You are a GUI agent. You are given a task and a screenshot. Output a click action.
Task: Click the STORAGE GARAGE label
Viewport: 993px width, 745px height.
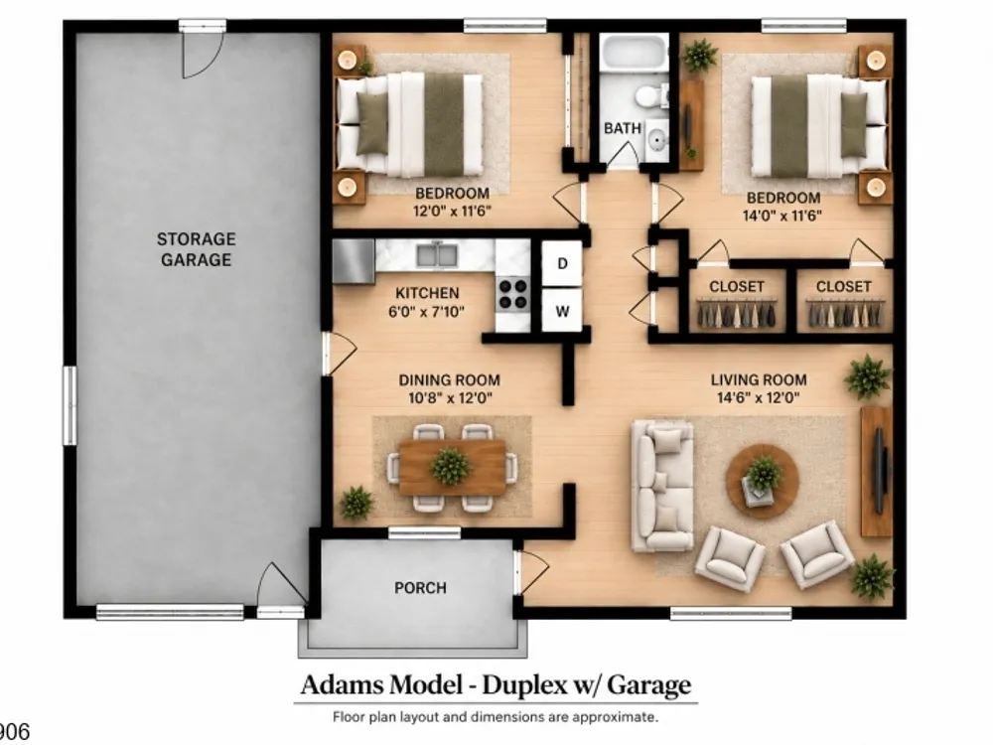pyautogui.click(x=196, y=249)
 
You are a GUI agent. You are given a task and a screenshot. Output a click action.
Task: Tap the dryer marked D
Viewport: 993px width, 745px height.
pyautogui.click(x=562, y=263)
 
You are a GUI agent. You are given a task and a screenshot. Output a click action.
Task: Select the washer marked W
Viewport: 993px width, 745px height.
pyautogui.click(x=562, y=310)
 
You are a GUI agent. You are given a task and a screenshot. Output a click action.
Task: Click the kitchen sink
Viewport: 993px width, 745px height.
pyautogui.click(x=437, y=254)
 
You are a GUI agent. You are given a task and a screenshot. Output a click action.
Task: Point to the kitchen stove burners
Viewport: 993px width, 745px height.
pyautogui.click(x=512, y=293)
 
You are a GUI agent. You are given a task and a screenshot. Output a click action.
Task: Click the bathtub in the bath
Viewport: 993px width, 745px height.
pyautogui.click(x=634, y=54)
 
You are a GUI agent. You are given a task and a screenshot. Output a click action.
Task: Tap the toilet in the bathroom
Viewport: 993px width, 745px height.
pyautogui.click(x=649, y=97)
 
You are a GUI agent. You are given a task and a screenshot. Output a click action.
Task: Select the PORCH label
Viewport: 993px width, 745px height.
pyautogui.click(x=420, y=588)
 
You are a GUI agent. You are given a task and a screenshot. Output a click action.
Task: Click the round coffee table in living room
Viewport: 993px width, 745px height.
pyautogui.click(x=763, y=481)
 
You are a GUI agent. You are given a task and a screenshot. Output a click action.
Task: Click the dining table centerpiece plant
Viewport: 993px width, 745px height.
pyautogui.click(x=450, y=466)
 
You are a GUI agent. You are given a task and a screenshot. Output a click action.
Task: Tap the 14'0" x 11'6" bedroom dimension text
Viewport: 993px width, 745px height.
pyautogui.click(x=782, y=216)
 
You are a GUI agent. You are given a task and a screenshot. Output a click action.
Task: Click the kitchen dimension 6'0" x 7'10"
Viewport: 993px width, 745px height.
pyautogui.click(x=426, y=311)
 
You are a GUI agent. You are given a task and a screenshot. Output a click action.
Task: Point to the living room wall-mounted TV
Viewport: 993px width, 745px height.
pyautogui.click(x=879, y=471)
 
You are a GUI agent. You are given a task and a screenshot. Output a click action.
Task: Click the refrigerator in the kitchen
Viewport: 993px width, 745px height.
pyautogui.click(x=354, y=261)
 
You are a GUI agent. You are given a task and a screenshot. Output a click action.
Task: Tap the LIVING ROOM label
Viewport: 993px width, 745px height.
pyautogui.click(x=759, y=380)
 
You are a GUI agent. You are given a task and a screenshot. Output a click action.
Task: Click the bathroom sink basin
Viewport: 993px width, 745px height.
pyautogui.click(x=657, y=137)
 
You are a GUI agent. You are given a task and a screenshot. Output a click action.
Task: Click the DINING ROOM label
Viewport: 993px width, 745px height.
pyautogui.click(x=450, y=380)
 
